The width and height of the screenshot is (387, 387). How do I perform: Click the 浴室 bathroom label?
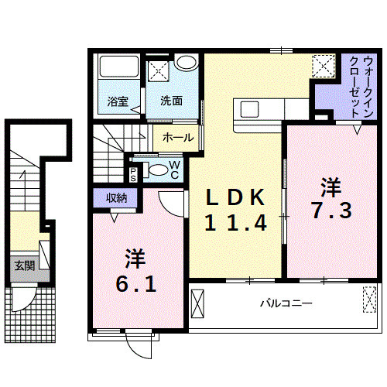tap(117, 101)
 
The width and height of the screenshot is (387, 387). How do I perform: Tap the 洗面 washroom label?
tap(172, 101)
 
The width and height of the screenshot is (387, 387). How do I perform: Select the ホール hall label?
tap(178, 138)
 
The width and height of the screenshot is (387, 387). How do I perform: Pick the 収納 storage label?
tap(117, 198)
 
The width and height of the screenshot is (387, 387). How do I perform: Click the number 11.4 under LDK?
tap(235, 224)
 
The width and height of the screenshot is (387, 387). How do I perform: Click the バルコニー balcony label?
tap(286, 303)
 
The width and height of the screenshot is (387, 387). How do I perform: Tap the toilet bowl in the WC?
tap(157, 171)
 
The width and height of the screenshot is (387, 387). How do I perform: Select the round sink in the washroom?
tap(185, 63)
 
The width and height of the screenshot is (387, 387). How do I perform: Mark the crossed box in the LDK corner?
tap(324, 66)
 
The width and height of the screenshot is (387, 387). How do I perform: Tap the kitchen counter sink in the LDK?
tap(252, 108)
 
